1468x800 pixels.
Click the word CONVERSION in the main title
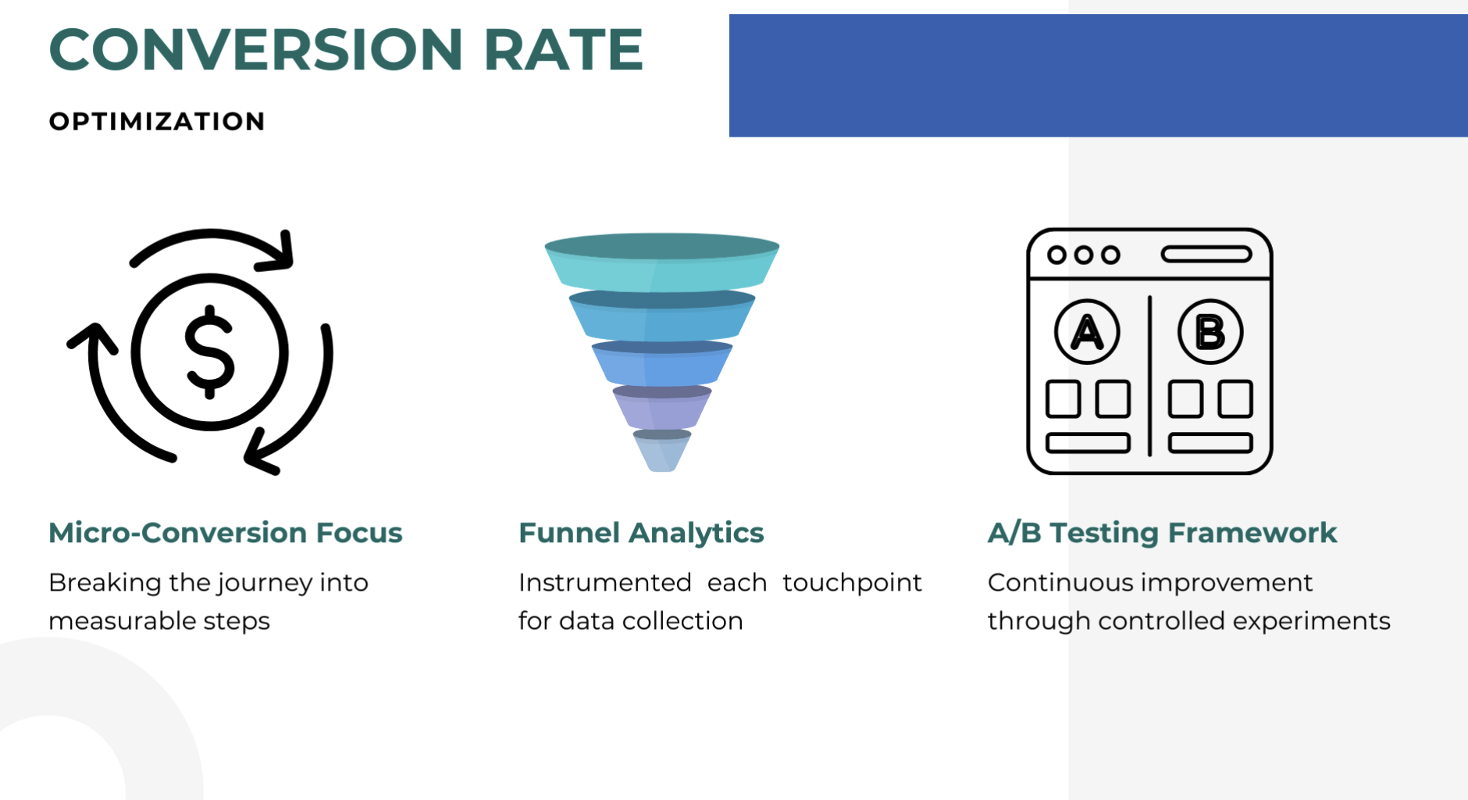(x=256, y=50)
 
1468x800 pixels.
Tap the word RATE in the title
(x=563, y=50)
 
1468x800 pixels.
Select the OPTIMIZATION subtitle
(x=157, y=122)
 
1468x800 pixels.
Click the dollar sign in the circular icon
(x=209, y=352)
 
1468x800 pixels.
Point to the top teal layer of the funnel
(x=661, y=266)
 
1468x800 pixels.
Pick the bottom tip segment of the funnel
(x=661, y=453)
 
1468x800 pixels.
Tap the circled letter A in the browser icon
(x=1087, y=332)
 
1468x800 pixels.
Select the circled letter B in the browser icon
(x=1210, y=332)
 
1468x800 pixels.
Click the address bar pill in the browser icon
(x=1206, y=255)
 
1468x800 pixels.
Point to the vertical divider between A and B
(x=1149, y=375)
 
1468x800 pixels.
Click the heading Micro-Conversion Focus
(x=225, y=533)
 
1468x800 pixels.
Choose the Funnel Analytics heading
(x=641, y=533)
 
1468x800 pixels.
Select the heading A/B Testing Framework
(x=1162, y=533)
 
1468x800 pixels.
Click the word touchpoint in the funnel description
(x=852, y=583)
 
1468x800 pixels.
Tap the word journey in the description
(x=265, y=584)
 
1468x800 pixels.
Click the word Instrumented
(x=605, y=583)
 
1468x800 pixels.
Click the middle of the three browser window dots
(x=1083, y=255)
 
